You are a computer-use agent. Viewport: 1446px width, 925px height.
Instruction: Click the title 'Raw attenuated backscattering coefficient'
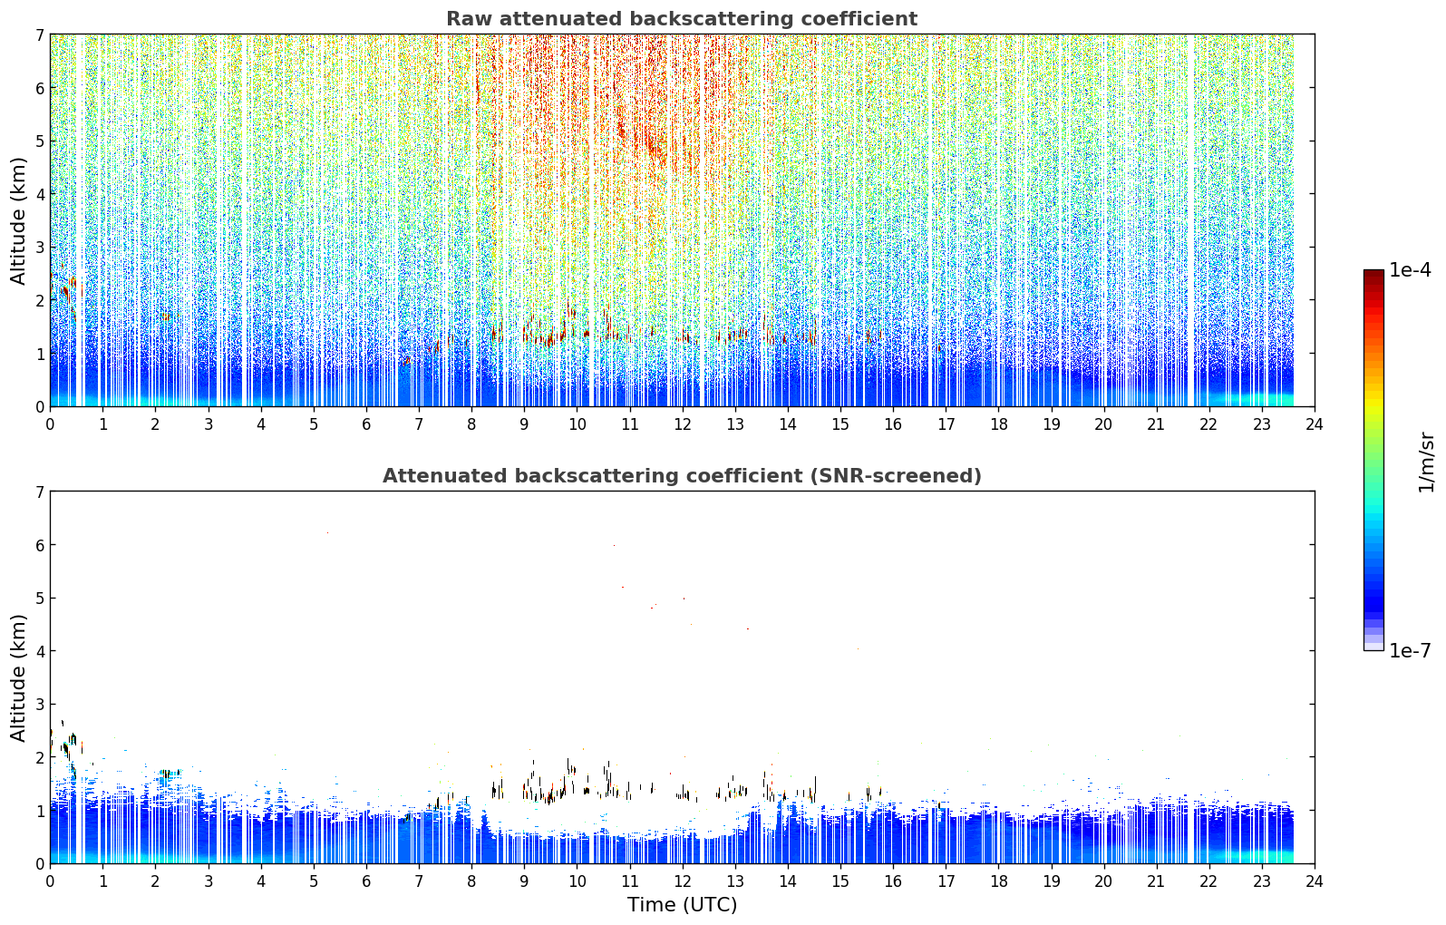click(x=682, y=19)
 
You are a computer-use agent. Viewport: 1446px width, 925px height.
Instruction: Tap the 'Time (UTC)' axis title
click(x=682, y=905)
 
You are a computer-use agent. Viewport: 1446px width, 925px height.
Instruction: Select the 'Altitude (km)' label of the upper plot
click(x=18, y=220)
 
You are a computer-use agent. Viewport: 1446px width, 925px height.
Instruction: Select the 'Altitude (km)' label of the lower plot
click(x=18, y=677)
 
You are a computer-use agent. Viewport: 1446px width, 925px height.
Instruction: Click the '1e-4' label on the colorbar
click(x=1410, y=270)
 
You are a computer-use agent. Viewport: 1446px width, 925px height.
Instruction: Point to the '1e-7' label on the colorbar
click(x=1410, y=650)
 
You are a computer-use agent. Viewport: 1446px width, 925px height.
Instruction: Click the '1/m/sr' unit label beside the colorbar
click(x=1426, y=463)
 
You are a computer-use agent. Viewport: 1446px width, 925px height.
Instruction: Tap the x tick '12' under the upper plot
click(x=683, y=424)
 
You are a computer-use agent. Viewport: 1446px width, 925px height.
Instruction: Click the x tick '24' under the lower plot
click(x=1315, y=881)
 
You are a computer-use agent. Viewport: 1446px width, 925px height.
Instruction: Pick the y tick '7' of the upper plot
click(x=40, y=34)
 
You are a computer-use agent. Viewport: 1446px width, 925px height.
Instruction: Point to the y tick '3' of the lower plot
click(x=40, y=704)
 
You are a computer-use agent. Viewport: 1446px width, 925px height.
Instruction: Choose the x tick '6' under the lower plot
click(x=366, y=881)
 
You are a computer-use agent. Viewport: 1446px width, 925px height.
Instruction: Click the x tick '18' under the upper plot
click(x=999, y=424)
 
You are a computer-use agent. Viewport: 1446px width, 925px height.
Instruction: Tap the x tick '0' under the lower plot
click(x=51, y=881)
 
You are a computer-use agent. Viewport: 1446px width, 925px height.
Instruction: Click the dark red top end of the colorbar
click(x=1373, y=273)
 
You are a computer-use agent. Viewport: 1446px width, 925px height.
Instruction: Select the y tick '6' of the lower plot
click(x=40, y=544)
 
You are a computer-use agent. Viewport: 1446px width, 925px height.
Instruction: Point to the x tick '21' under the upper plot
click(x=1156, y=424)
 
